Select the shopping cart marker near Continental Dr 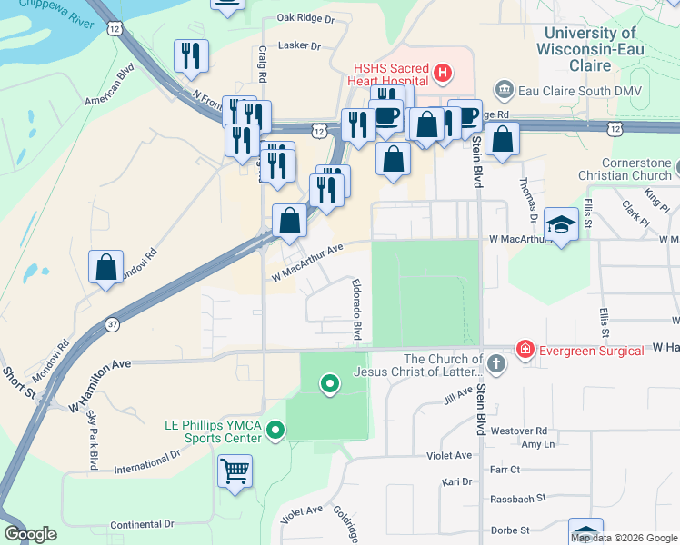[235, 471]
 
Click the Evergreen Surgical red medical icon [525, 349]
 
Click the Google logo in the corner [30, 534]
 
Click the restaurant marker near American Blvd [193, 56]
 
